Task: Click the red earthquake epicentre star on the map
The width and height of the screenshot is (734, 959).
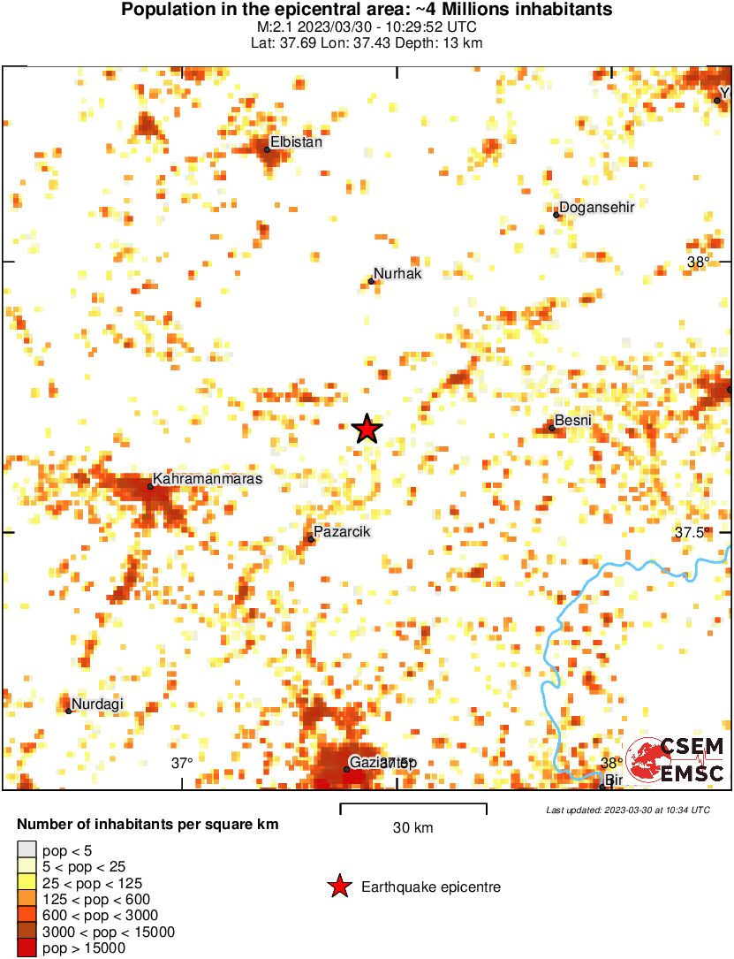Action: pyautogui.click(x=367, y=429)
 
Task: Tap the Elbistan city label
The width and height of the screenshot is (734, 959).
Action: pyautogui.click(x=296, y=141)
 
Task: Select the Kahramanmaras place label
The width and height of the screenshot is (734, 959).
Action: pyautogui.click(x=208, y=477)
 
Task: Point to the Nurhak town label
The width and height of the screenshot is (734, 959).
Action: pyautogui.click(x=397, y=274)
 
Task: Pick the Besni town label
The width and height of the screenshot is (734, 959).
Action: pyautogui.click(x=572, y=421)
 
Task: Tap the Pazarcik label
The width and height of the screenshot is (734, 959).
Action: pyautogui.click(x=342, y=531)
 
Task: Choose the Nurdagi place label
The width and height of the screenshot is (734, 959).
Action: pyautogui.click(x=97, y=704)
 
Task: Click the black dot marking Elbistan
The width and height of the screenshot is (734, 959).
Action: pyautogui.click(x=267, y=149)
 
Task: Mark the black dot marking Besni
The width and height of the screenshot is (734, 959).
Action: pyautogui.click(x=552, y=428)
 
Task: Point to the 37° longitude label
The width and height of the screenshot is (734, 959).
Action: pyautogui.click(x=182, y=762)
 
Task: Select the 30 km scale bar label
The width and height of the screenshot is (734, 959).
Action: pyautogui.click(x=412, y=828)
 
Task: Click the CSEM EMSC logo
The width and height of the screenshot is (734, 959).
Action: pyautogui.click(x=676, y=760)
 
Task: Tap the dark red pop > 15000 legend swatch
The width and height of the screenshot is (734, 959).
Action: pyautogui.click(x=26, y=948)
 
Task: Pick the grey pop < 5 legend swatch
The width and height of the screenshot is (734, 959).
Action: pyautogui.click(x=26, y=851)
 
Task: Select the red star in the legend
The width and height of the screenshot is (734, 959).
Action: pyautogui.click(x=338, y=887)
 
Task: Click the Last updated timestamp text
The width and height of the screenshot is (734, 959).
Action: pyautogui.click(x=627, y=810)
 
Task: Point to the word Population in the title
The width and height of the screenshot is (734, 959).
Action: pyautogui.click(x=163, y=10)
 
